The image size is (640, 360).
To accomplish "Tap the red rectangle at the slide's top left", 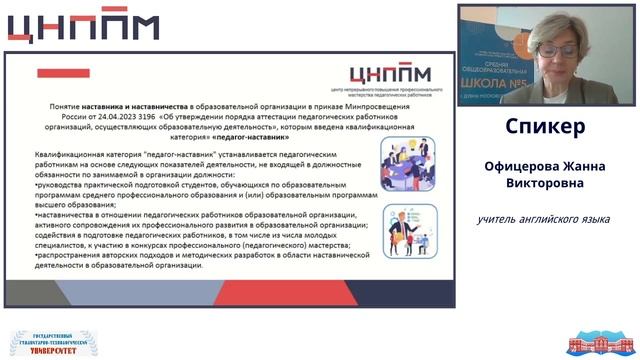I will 63,73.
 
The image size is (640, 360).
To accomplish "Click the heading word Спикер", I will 545,127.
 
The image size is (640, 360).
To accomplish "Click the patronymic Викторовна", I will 545,184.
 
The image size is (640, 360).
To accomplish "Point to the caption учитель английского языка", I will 544,220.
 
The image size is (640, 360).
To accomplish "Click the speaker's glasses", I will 556,48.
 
